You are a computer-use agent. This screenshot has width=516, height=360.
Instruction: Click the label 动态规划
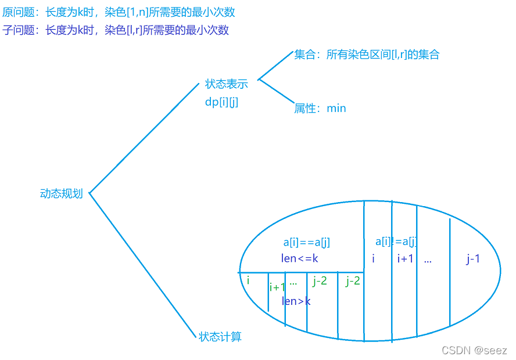[x=62, y=194]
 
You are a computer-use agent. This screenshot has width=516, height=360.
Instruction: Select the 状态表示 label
[x=227, y=84]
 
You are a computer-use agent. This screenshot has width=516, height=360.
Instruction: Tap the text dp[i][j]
[x=221, y=102]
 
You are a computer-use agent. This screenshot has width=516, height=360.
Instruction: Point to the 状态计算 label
[x=220, y=337]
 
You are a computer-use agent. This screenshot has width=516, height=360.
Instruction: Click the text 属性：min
[x=320, y=108]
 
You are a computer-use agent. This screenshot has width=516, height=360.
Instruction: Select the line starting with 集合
[x=367, y=55]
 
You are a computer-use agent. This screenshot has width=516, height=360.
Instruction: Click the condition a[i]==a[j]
[x=307, y=243]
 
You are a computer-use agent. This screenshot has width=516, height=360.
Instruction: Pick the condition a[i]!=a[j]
[x=396, y=242]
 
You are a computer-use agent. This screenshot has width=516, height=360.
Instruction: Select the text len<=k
[x=300, y=258]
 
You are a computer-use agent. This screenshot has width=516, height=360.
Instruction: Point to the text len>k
[x=296, y=301]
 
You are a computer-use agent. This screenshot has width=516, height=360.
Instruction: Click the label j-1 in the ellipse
[x=473, y=259]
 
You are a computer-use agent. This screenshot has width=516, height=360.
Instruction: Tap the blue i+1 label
[x=405, y=259]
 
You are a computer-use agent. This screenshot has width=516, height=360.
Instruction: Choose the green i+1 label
[x=277, y=287]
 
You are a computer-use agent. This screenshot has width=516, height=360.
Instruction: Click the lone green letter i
[x=248, y=280]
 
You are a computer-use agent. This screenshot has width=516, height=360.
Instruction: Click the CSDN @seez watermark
[x=474, y=351]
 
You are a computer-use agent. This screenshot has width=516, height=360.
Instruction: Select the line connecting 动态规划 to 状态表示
[x=144, y=138]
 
